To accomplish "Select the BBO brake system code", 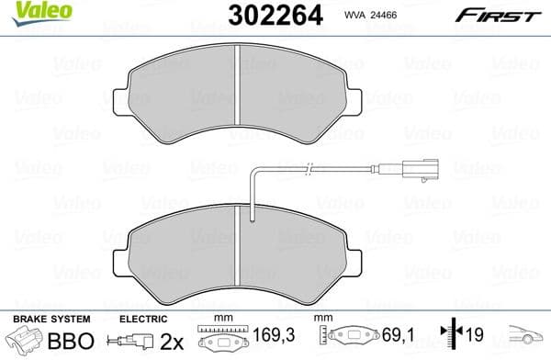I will pyautogui.click(x=70, y=343).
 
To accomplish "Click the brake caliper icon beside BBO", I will pyautogui.click(x=26, y=343).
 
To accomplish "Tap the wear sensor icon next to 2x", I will pyautogui.click(x=130, y=343).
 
